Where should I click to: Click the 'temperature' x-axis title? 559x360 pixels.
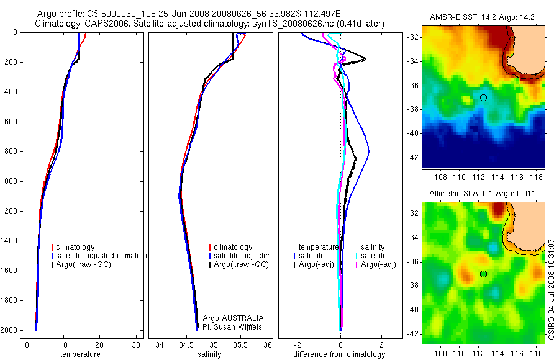80,354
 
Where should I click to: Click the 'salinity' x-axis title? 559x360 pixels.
208,354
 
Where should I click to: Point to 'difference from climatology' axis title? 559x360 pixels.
339,354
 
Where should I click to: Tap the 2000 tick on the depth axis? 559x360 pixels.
11,330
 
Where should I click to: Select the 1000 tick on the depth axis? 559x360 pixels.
11,181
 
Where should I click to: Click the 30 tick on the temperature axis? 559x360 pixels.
136,344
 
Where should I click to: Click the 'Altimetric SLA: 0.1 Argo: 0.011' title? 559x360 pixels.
483,194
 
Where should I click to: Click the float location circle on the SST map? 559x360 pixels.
483,97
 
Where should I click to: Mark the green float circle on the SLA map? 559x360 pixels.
483,274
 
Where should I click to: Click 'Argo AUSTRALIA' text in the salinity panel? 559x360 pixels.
229,318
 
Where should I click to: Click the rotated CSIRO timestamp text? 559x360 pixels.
552,288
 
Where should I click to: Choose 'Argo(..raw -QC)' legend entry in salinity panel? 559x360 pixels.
241,264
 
